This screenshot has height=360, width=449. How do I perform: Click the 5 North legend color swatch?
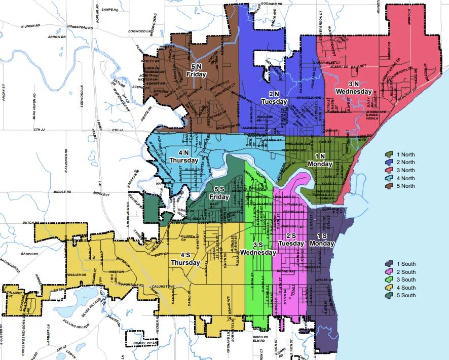390,186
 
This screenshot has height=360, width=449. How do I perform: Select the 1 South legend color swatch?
390,264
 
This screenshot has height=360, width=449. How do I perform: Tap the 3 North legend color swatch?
390,170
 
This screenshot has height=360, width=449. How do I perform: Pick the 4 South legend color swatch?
390,288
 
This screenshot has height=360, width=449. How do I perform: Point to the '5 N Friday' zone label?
196,70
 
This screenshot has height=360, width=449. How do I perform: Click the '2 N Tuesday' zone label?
274,98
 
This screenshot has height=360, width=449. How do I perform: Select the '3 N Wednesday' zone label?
353,88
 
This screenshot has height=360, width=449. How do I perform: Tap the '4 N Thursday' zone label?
183,156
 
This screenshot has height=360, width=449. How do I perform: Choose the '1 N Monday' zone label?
320,160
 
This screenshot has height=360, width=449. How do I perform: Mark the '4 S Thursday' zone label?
186,259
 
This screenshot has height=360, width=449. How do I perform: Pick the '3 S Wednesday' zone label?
258,249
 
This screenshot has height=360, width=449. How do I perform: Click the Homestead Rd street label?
76,26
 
